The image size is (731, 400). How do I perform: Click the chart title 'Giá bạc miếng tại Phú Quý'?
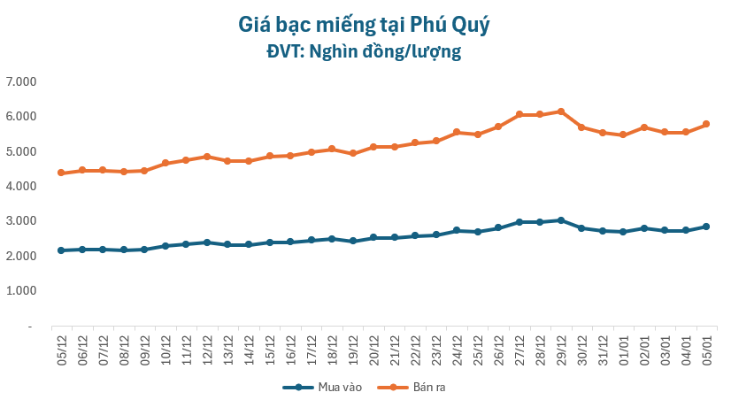[x=364, y=24]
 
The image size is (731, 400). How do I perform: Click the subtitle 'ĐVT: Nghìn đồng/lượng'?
[x=364, y=52]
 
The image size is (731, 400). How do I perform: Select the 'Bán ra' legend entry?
[x=421, y=387]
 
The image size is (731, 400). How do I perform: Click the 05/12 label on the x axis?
[x=61, y=348]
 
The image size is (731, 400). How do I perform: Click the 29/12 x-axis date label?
[x=560, y=348]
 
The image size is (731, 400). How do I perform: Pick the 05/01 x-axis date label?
[x=706, y=348]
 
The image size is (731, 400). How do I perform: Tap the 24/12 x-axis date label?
[x=457, y=348]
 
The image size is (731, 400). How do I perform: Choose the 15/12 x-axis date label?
[x=269, y=348]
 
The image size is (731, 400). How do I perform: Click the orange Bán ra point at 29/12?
[x=560, y=112]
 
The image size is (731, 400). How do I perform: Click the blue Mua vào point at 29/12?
[x=560, y=220]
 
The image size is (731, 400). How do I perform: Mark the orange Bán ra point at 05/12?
[x=61, y=173]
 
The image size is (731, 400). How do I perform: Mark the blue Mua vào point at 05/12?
[x=61, y=250]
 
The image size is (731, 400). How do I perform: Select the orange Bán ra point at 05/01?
[x=706, y=124]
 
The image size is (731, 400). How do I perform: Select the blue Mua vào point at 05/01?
[x=706, y=227]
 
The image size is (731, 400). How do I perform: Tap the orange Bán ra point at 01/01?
[x=623, y=135]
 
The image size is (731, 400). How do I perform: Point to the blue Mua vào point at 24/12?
[x=457, y=230]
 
